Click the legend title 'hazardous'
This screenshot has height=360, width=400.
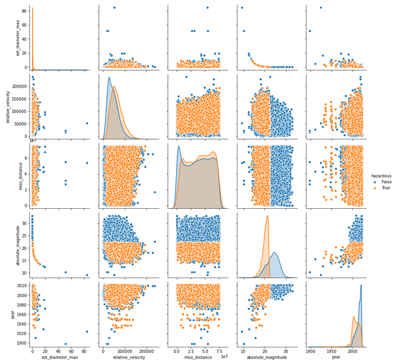[382, 176]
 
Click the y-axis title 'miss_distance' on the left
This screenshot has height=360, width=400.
[8, 175]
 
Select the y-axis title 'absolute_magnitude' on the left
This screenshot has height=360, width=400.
[8, 244]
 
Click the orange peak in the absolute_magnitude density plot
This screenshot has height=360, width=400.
[267, 216]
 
